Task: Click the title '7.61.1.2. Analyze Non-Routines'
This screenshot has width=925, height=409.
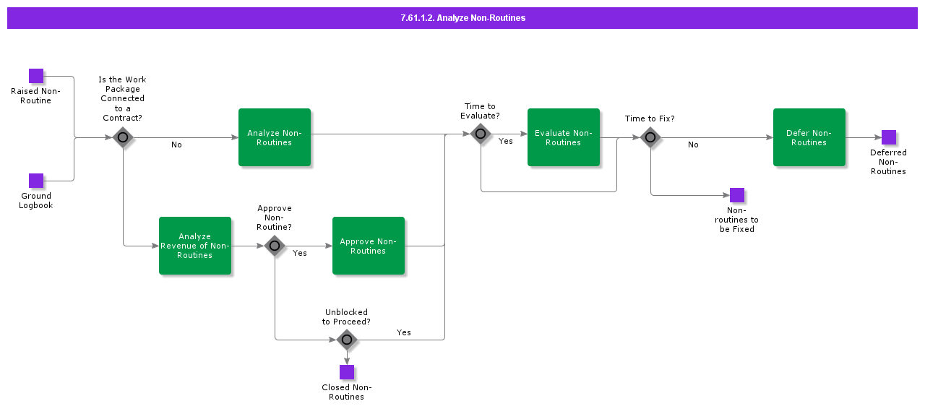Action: point(462,18)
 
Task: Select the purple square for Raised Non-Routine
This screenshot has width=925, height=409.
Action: point(36,76)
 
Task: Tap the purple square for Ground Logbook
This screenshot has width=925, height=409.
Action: point(36,181)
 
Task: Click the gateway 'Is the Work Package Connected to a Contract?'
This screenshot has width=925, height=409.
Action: point(123,137)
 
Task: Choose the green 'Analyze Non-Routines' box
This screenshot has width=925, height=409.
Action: point(275,137)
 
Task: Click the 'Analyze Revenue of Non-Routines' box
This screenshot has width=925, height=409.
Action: point(195,246)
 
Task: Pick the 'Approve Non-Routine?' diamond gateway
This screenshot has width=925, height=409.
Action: point(275,246)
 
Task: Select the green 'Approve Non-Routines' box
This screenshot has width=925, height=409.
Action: point(369,246)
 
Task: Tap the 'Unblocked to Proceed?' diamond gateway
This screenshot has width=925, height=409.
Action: point(347,339)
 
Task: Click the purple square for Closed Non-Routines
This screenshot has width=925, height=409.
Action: point(347,372)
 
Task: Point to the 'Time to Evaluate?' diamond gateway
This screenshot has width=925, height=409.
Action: point(481,134)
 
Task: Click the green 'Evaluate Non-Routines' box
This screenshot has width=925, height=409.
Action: point(564,137)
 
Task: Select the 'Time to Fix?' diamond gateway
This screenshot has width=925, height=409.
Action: point(650,137)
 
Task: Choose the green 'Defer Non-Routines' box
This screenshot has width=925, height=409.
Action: point(809,137)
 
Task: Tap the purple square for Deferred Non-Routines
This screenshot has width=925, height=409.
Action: point(889,137)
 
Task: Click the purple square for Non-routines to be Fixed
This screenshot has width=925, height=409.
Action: point(737,195)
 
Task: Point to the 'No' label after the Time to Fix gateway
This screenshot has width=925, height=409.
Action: point(693,145)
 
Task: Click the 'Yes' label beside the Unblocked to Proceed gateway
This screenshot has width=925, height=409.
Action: point(404,333)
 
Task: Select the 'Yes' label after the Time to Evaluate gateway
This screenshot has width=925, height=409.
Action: point(506,142)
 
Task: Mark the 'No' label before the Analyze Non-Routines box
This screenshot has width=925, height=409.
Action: point(176,145)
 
